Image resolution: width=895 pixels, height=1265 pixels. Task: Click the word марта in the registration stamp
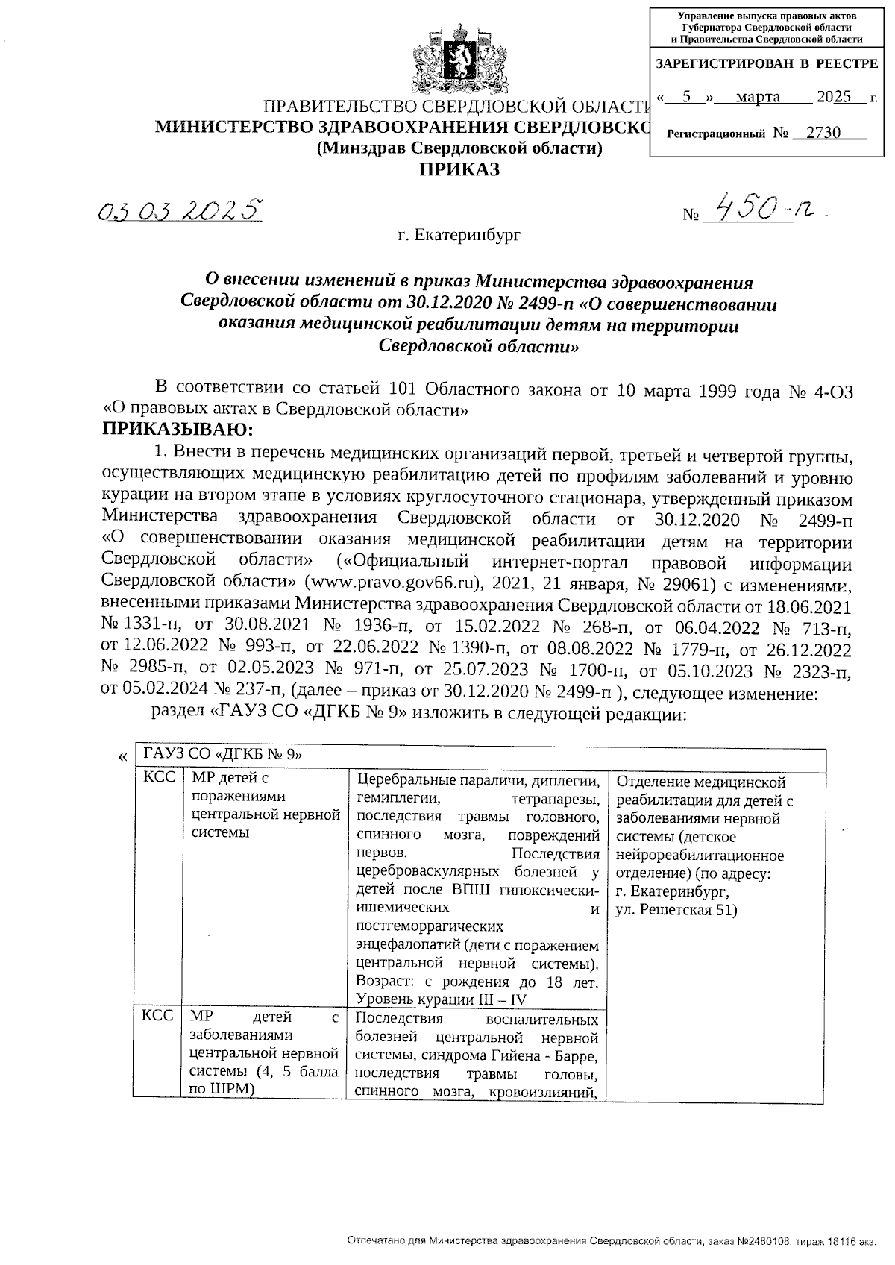[757, 97]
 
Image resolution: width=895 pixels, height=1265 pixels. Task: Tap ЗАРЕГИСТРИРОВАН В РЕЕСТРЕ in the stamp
[766, 65]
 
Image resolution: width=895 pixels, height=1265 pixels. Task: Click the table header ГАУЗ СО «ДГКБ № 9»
[223, 754]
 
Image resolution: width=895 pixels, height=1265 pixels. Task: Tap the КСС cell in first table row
[159, 777]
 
